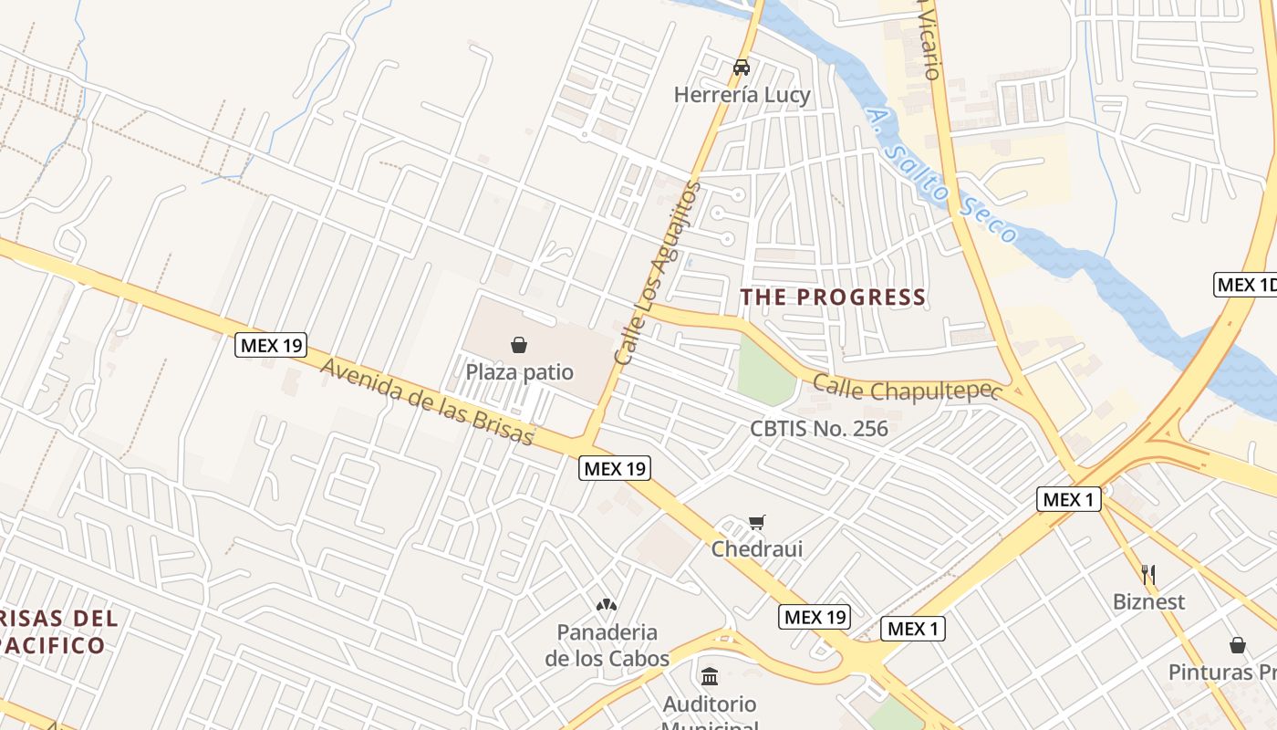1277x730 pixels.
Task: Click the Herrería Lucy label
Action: coord(742,95)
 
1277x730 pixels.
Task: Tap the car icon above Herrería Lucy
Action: coord(742,68)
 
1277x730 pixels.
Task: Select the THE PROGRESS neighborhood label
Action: coord(833,297)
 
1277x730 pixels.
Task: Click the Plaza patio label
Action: coord(519,371)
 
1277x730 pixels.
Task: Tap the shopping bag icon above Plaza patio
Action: coord(519,345)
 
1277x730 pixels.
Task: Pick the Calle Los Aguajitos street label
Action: coord(658,273)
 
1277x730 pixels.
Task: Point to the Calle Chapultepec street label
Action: coord(907,390)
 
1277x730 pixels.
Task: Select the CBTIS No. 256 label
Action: coord(818,428)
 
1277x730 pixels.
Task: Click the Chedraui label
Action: coord(757,548)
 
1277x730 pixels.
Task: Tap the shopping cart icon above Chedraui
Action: coord(756,523)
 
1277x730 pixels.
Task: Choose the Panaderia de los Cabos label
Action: coord(607,644)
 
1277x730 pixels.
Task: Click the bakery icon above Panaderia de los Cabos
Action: coord(607,604)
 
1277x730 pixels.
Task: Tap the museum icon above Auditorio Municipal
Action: coord(710,676)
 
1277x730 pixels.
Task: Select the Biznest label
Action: coord(1148,601)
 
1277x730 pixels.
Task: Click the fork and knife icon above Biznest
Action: coord(1148,575)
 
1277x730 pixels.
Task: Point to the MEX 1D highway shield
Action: coord(1246,285)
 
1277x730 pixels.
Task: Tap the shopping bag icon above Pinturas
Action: coord(1238,646)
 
